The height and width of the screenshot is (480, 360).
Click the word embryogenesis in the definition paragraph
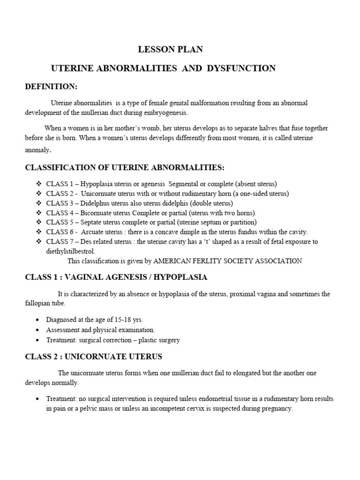coord(165,112)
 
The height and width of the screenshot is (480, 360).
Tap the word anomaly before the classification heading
coord(38,150)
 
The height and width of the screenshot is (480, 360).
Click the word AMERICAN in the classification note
coord(174,261)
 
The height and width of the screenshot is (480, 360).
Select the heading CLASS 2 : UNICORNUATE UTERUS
coord(93,357)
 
